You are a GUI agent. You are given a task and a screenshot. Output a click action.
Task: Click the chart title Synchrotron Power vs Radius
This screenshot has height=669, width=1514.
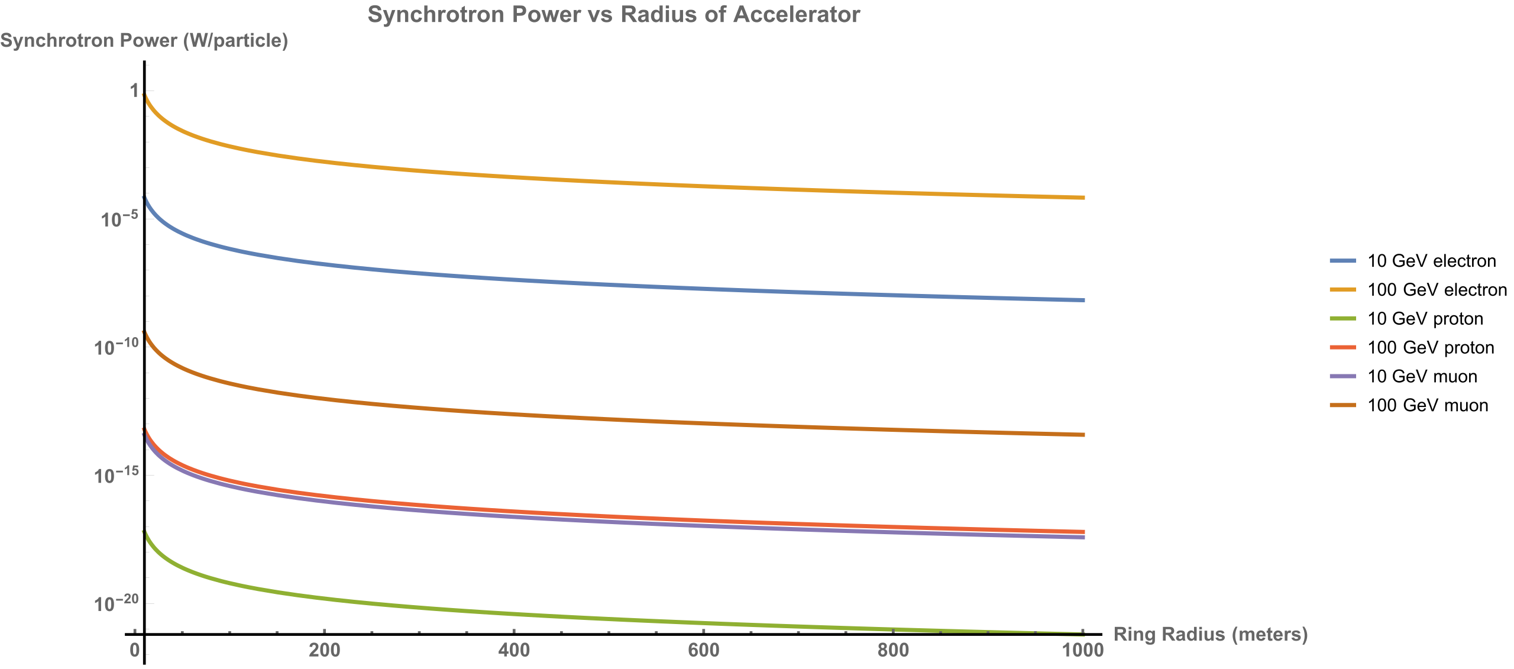(x=613, y=14)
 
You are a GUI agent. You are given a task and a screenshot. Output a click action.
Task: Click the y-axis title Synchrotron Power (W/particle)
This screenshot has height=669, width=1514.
(x=144, y=41)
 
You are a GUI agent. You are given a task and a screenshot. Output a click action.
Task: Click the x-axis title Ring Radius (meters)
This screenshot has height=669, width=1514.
(x=1210, y=634)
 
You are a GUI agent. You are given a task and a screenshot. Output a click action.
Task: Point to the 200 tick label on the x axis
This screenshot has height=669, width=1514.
(x=325, y=651)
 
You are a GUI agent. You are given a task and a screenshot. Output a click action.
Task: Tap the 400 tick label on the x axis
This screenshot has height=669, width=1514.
(x=514, y=651)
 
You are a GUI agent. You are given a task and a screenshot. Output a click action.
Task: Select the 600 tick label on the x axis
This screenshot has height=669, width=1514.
(x=704, y=651)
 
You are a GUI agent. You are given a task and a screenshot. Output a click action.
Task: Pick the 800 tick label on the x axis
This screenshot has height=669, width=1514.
(x=893, y=651)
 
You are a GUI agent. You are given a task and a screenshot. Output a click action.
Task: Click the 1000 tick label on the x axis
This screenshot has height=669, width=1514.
(x=1083, y=651)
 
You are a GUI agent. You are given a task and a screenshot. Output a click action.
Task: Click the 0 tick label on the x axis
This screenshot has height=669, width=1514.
(x=135, y=651)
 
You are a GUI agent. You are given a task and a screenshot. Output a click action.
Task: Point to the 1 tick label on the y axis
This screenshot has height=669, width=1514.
(x=135, y=91)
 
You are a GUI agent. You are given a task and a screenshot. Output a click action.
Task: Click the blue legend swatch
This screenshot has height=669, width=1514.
(x=1342, y=261)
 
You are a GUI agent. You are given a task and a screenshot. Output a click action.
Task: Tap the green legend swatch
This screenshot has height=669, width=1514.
(x=1342, y=318)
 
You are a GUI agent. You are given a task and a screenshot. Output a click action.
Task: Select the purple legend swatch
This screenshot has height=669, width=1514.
(x=1342, y=376)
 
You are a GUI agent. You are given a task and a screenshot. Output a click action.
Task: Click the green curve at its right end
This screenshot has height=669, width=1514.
(x=1082, y=632)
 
